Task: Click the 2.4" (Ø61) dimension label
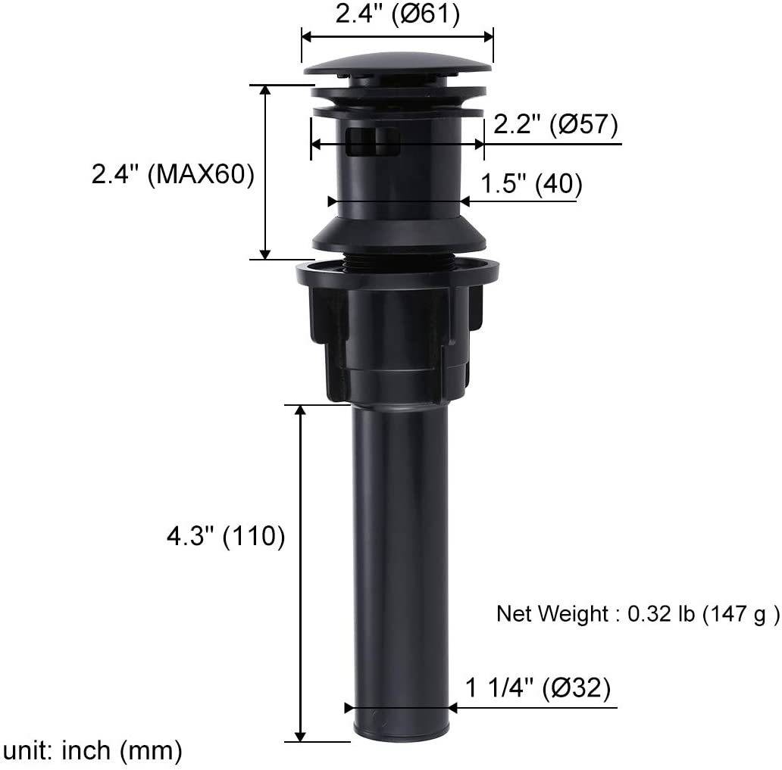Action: click(398, 14)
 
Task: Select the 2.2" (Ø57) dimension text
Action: click(555, 123)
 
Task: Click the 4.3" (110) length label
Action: click(225, 536)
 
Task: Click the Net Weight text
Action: click(637, 613)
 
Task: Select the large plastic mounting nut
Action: click(397, 326)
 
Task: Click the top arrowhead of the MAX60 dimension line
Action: click(265, 90)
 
